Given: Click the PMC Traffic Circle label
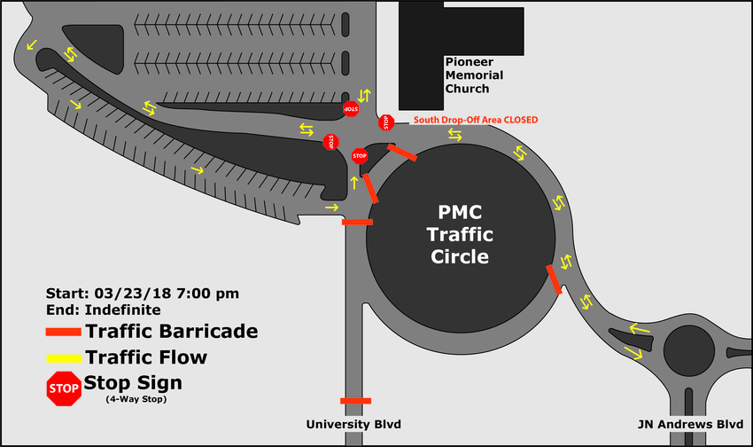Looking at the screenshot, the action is click(x=460, y=234).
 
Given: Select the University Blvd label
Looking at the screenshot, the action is click(x=353, y=425).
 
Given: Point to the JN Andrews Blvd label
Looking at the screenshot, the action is click(x=690, y=425).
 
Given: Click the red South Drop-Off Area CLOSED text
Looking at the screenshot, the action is click(x=476, y=120).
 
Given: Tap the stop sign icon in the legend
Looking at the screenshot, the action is click(x=64, y=388).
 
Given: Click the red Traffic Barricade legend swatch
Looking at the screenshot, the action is click(x=64, y=332).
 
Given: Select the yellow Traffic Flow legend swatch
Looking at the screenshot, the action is click(x=64, y=358).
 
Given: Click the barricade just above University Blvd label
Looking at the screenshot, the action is click(x=356, y=401).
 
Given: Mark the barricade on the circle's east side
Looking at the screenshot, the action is click(x=555, y=279).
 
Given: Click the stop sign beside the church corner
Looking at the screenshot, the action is click(x=386, y=122).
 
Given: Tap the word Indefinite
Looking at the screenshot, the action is click(x=122, y=310).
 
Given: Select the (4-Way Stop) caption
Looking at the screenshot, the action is click(x=136, y=399).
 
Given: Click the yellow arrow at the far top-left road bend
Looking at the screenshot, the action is click(x=32, y=45).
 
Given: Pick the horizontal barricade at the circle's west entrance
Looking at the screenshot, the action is click(x=357, y=222).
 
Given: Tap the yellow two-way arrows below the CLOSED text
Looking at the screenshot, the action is click(x=454, y=135).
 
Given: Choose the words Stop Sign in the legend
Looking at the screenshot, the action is click(x=133, y=383).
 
